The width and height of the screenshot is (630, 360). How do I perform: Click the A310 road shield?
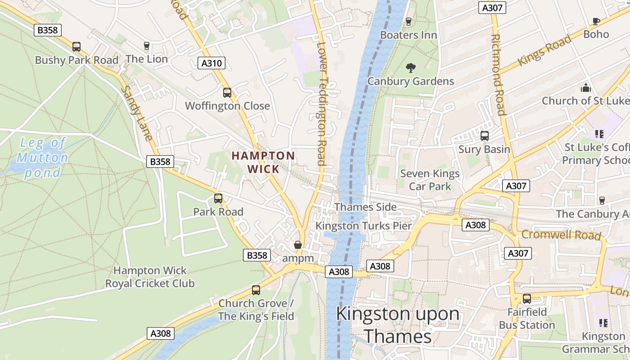(211, 63)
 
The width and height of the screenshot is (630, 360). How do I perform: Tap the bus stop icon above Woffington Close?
(227, 93)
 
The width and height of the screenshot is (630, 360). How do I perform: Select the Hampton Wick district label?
(263, 162)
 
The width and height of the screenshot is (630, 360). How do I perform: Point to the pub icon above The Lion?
(146, 45)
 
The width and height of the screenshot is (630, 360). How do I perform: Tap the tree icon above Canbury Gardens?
(410, 68)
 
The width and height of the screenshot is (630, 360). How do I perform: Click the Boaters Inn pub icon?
(409, 21)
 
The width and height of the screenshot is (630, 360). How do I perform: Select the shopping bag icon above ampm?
(297, 245)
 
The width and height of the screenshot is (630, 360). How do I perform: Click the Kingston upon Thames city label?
(398, 324)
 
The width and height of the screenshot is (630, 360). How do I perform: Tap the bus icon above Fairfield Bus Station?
(526, 298)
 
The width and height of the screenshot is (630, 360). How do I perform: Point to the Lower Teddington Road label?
(321, 103)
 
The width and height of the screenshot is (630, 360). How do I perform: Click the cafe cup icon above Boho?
(596, 21)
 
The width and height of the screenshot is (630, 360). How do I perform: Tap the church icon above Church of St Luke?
(585, 87)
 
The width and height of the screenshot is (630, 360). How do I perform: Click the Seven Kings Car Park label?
(430, 180)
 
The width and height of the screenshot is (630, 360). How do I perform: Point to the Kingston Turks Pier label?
(364, 226)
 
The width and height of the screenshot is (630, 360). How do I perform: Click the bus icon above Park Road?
(218, 198)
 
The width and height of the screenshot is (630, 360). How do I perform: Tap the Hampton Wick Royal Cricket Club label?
(150, 277)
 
